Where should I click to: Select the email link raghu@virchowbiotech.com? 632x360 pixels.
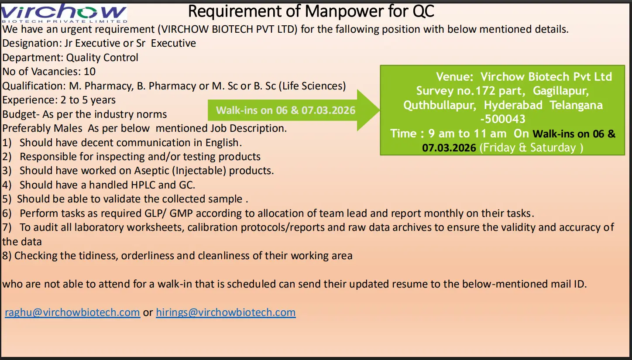pos(72,312)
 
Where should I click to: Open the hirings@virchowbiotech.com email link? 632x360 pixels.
pos(226,312)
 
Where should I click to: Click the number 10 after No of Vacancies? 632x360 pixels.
pos(89,72)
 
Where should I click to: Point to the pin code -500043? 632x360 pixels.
pos(503,119)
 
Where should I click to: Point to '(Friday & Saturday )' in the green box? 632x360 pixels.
pos(531,147)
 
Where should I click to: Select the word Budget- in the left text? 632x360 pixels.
pos(18,114)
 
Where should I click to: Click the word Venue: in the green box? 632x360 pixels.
pos(454,77)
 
